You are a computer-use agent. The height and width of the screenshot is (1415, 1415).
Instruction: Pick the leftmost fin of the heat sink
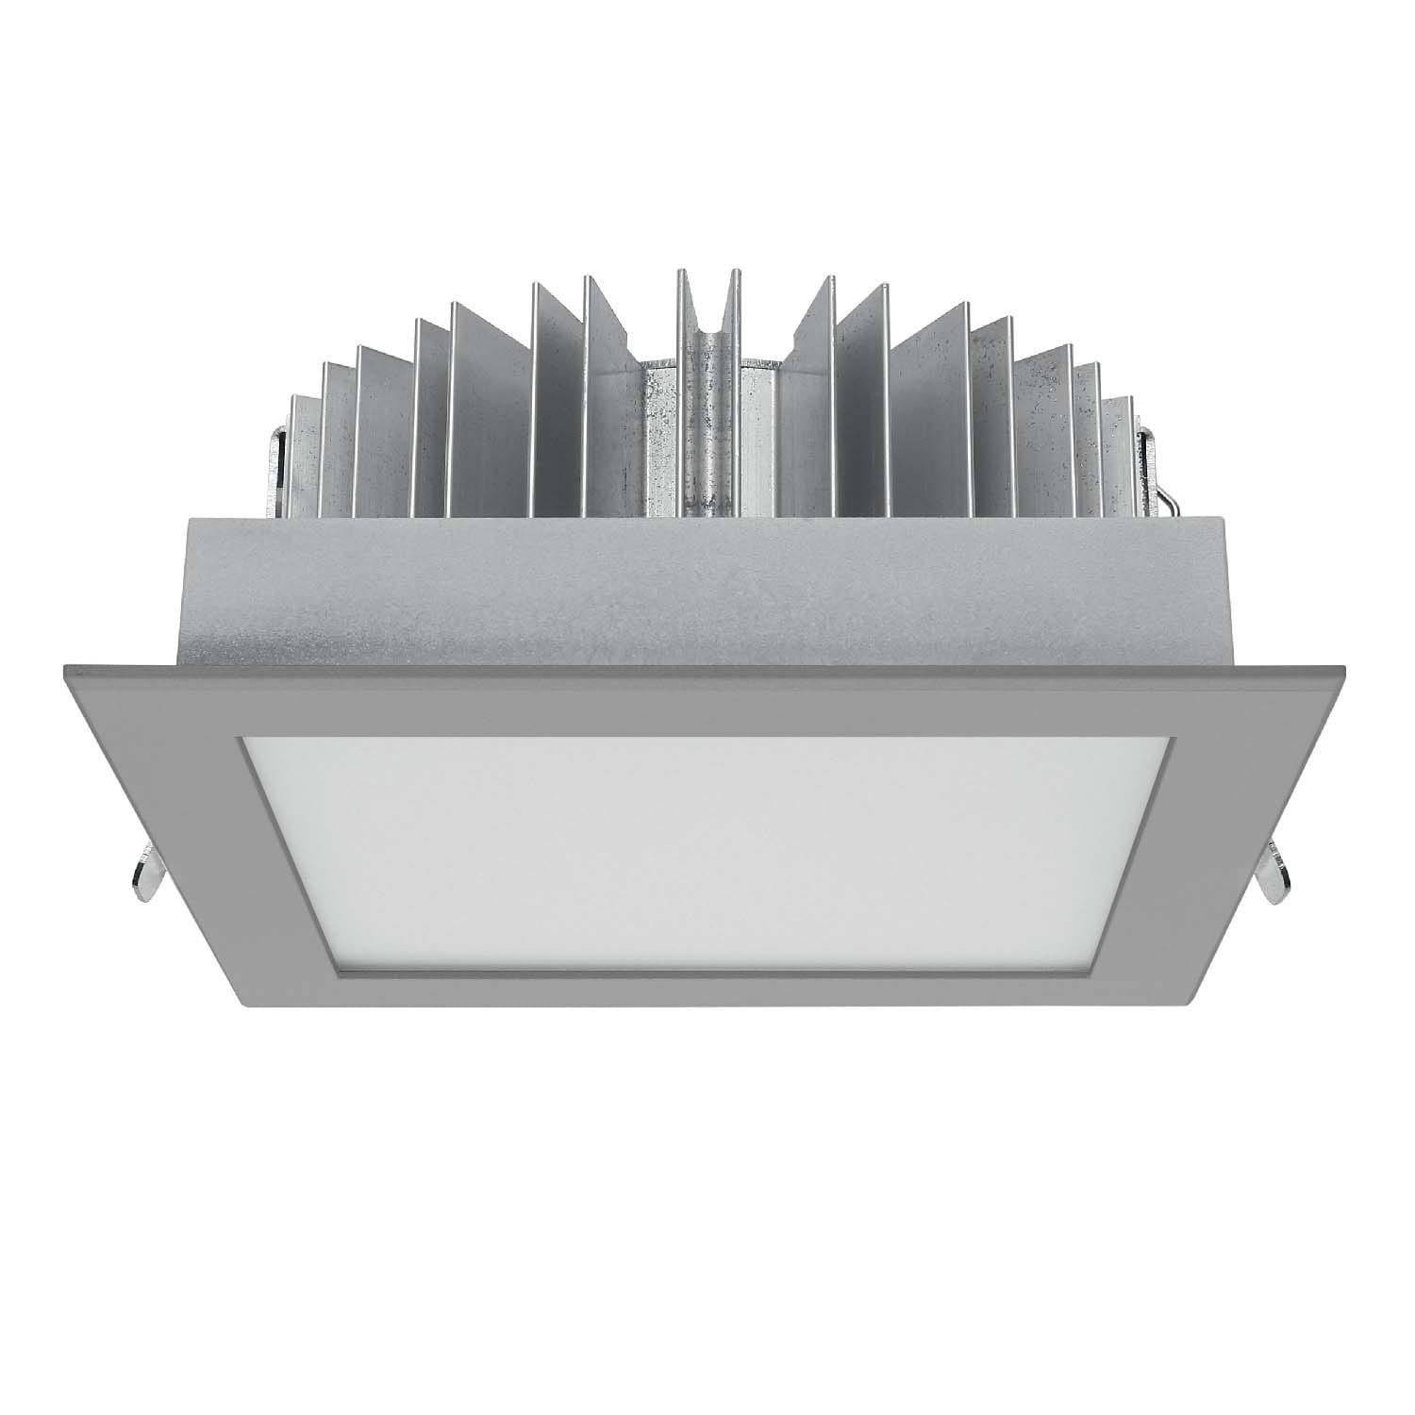point(300,453)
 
